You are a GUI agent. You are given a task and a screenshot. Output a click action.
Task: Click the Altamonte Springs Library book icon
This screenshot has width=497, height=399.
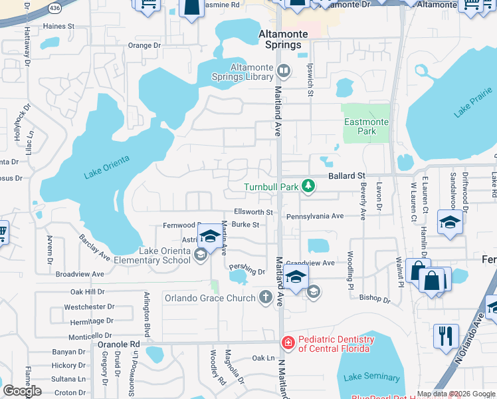[284, 70]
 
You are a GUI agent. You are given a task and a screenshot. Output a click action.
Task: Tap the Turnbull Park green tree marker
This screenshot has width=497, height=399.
[308, 187]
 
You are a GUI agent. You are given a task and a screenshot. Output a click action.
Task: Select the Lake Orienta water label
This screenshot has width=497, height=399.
[106, 167]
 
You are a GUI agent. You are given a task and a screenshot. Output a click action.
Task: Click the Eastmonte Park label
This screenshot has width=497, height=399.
[361, 126]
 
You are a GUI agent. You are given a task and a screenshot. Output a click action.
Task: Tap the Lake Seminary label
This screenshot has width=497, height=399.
[372, 378]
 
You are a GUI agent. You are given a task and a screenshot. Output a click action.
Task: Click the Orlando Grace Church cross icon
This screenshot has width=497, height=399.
[266, 297]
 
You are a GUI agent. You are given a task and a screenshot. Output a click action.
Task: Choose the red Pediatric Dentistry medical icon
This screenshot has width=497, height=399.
[288, 344]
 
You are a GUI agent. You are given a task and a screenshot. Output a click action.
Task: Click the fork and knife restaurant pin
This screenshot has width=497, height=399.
[445, 335]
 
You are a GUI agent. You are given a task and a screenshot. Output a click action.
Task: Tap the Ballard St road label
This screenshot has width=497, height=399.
[348, 176]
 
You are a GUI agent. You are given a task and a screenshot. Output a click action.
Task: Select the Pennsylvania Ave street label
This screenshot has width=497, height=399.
[315, 216]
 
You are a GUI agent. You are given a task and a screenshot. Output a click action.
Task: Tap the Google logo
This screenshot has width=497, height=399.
[21, 391]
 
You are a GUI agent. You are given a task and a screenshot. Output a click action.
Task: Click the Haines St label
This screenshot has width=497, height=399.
[58, 26]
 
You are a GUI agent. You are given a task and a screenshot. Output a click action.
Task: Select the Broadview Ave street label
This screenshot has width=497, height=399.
[80, 273]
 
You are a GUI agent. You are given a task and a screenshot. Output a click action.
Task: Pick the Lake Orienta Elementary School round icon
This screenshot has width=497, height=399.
[199, 255]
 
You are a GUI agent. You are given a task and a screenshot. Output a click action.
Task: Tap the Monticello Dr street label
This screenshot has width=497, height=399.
[90, 336]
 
